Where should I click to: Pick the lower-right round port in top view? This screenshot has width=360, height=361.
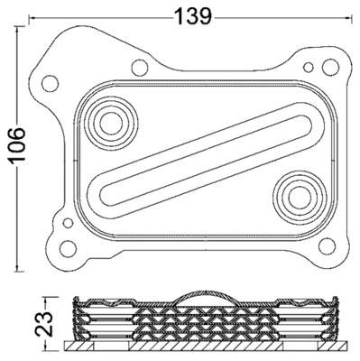(294, 191)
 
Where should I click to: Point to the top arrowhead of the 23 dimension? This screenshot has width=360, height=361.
(50, 299)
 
